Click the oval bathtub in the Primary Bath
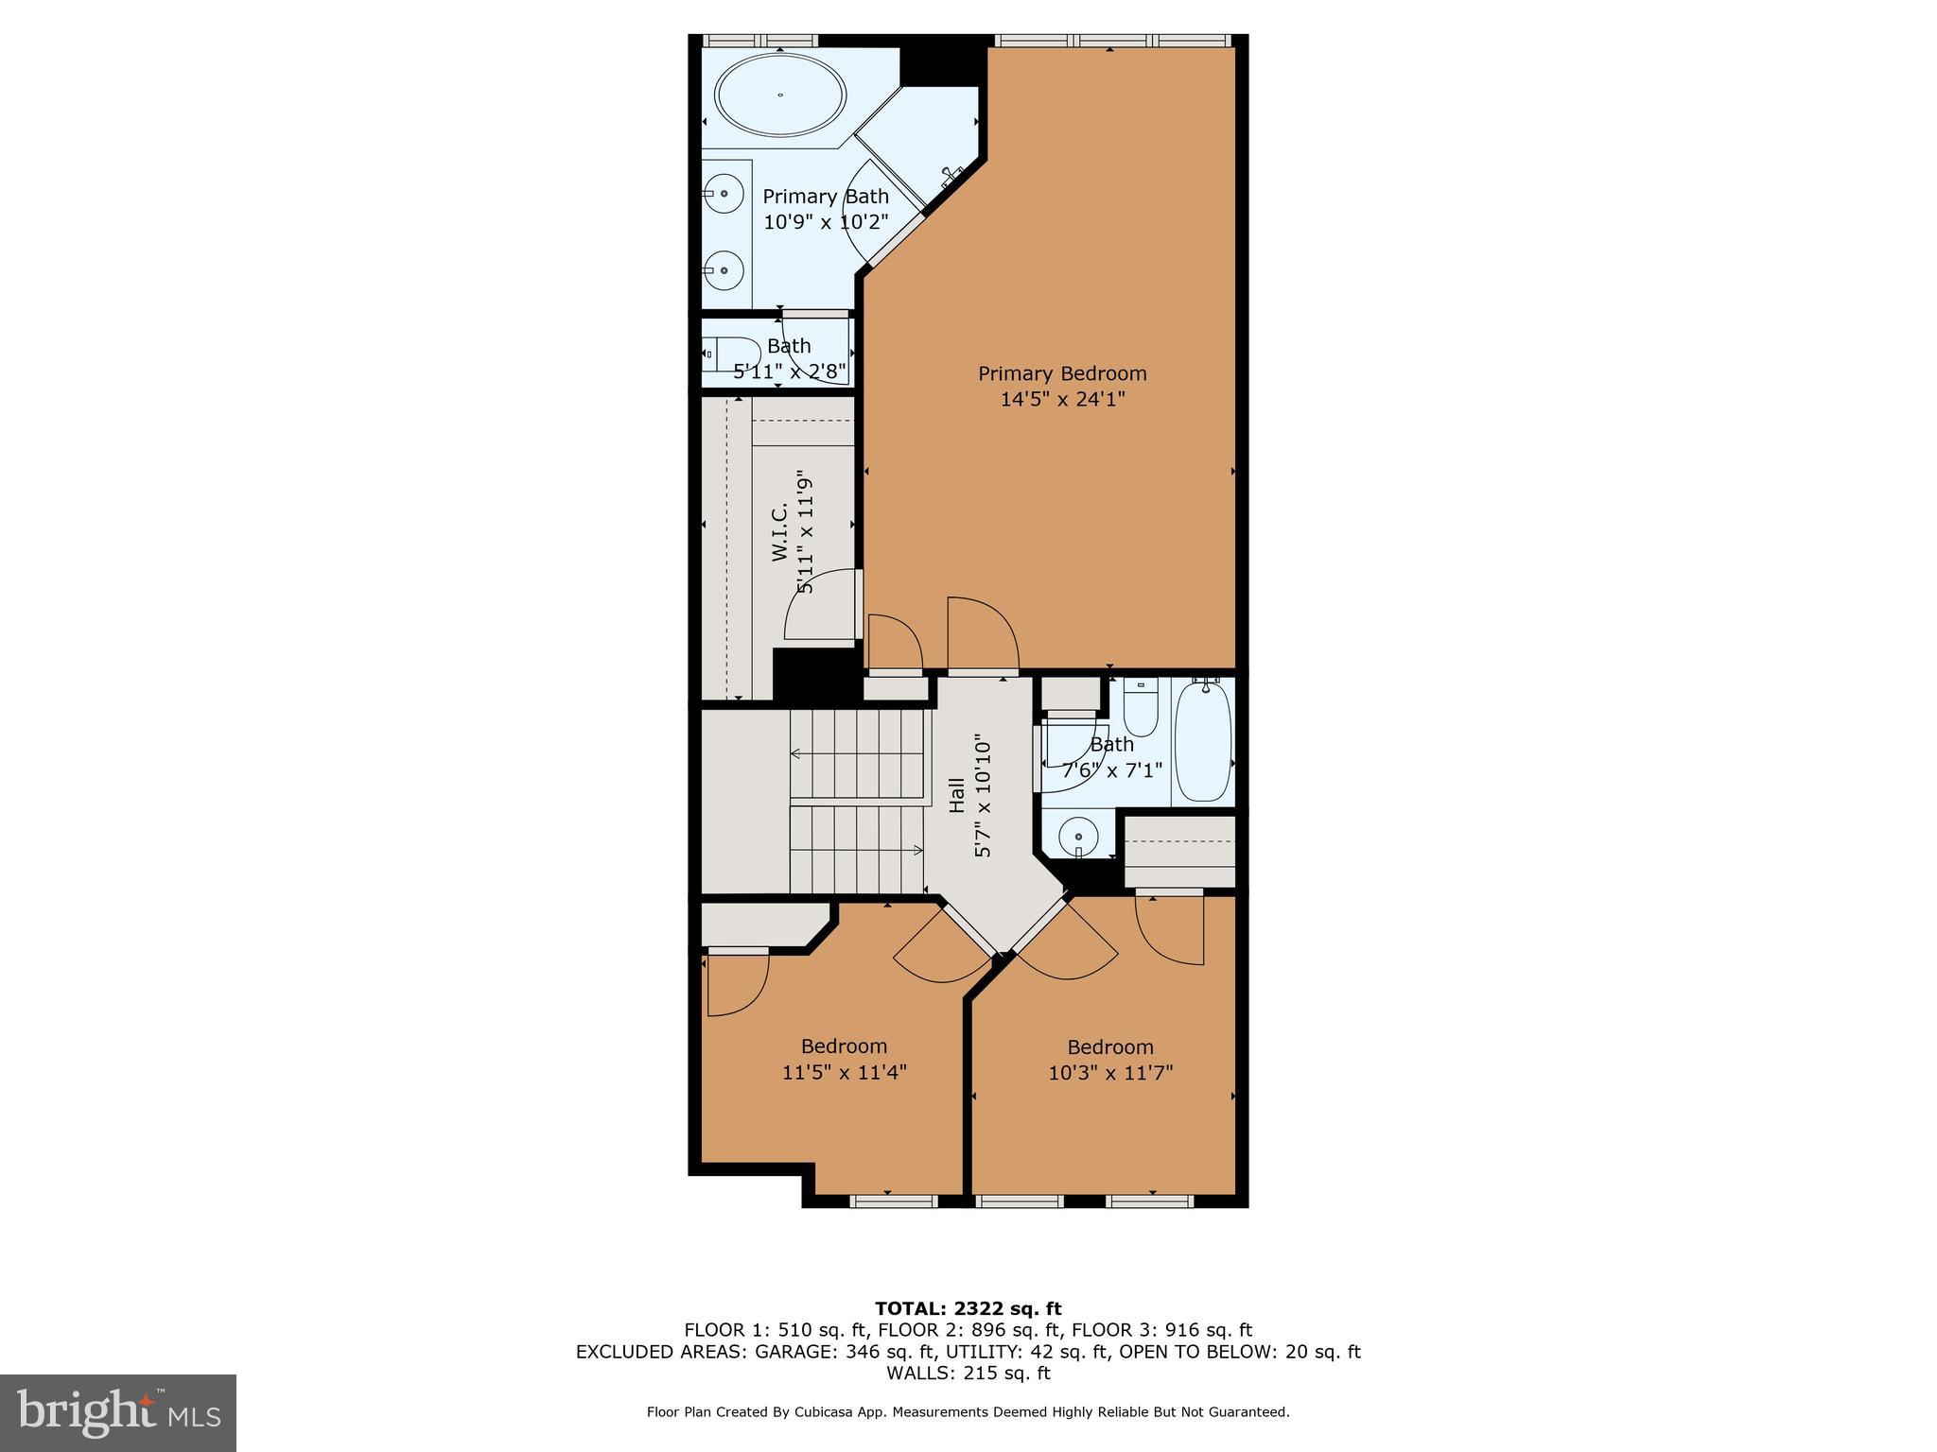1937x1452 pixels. (x=780, y=95)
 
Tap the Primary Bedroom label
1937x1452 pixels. (x=1062, y=373)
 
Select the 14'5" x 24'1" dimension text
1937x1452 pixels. (x=1062, y=399)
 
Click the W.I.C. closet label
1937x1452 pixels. (x=780, y=532)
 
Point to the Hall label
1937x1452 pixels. (x=957, y=795)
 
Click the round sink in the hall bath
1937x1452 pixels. (x=1077, y=836)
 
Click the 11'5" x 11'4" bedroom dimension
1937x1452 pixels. (x=844, y=1073)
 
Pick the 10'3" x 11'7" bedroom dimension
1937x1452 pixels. (x=1110, y=1073)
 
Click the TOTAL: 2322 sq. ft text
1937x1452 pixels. (x=968, y=1309)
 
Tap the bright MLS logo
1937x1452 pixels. (x=118, y=1412)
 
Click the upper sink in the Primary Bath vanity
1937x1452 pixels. (x=724, y=194)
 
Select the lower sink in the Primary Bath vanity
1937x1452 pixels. (x=724, y=270)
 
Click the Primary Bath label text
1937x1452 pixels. (x=826, y=197)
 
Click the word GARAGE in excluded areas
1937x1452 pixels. (x=794, y=1352)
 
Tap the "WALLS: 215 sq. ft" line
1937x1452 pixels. (x=968, y=1373)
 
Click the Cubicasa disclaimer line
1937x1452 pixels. (x=968, y=1412)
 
